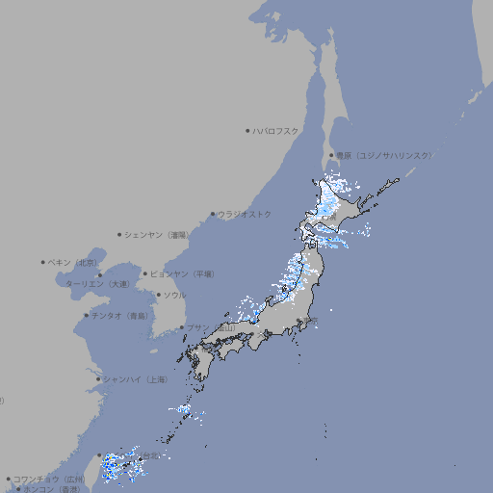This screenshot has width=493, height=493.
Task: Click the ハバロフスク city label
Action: point(276,130)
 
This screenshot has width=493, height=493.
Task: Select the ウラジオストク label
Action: point(245,214)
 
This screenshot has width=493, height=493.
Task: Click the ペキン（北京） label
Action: point(73,262)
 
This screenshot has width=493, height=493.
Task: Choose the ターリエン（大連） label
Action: point(97,284)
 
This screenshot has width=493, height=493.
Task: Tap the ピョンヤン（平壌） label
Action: point(183,273)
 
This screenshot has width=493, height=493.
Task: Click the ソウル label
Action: point(174,295)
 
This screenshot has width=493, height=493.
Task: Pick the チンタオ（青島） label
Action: point(119,316)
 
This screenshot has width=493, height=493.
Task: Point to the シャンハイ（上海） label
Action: point(135,379)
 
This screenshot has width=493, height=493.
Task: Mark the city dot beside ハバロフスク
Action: point(247,130)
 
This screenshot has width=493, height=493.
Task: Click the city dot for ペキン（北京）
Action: point(43,262)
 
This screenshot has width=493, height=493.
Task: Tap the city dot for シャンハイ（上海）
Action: point(98,379)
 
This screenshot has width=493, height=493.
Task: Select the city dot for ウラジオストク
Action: point(213,214)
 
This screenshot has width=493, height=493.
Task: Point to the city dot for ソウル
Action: point(158,295)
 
